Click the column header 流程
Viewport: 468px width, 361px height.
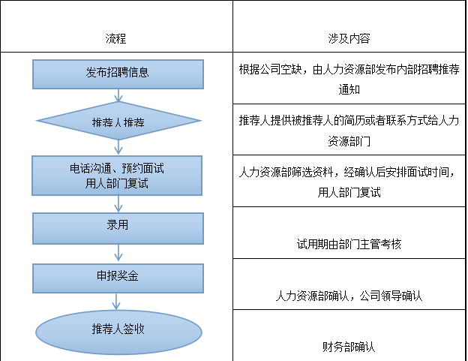(115, 38)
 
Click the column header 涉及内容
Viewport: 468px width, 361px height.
(349, 38)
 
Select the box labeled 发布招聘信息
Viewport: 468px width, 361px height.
(118, 74)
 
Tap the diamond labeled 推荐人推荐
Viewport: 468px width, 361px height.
(118, 121)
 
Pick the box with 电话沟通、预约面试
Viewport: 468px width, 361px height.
(117, 176)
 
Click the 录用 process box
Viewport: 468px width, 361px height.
(118, 228)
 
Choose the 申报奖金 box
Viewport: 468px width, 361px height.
(118, 278)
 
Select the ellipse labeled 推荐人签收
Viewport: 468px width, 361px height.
(118, 332)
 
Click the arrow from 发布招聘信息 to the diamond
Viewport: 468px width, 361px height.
(118, 95)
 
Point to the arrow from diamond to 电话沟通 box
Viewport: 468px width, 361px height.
(118, 148)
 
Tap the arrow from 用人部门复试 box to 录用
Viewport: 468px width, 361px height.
(118, 204)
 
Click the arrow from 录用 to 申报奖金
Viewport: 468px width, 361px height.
(118, 254)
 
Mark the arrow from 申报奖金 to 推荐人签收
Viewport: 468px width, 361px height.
(116, 302)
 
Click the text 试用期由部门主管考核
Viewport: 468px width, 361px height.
(349, 244)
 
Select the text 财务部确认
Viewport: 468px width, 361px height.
(349, 347)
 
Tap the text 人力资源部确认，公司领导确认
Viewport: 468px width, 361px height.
(349, 296)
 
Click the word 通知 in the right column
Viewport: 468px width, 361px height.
(349, 89)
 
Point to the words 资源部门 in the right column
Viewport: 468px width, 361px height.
(349, 141)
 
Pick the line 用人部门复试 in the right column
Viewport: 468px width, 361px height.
(349, 193)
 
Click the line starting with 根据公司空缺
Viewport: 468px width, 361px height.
(349, 69)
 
